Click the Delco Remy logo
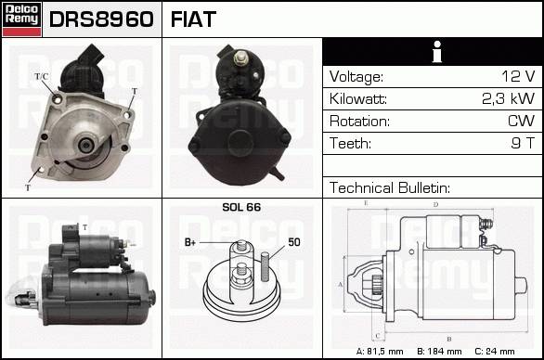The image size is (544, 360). [x=22, y=19]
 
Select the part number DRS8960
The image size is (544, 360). [x=101, y=19]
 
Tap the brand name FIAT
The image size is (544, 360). [x=193, y=19]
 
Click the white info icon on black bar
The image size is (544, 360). [x=437, y=52]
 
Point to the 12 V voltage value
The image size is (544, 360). [x=518, y=76]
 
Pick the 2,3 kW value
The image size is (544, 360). [x=509, y=99]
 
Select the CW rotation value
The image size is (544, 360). [x=521, y=121]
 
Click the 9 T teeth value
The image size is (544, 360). [x=523, y=143]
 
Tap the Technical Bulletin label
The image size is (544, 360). [x=390, y=187]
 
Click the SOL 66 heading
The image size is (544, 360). [x=241, y=207]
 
